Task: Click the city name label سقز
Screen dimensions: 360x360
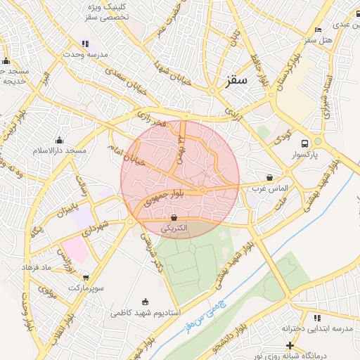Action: click(237, 79)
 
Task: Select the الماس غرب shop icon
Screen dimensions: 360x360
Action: click(270, 177)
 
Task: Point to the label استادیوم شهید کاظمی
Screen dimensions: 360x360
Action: click(146, 311)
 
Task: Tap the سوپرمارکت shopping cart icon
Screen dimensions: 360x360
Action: click(86, 277)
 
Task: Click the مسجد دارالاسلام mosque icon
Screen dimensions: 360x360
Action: click(59, 140)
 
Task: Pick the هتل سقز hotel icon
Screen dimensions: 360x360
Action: click(319, 30)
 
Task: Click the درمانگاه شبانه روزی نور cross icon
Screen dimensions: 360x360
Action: click(290, 345)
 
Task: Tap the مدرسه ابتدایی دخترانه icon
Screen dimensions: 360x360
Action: click(317, 319)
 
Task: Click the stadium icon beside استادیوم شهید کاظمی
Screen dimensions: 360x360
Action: click(146, 301)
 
